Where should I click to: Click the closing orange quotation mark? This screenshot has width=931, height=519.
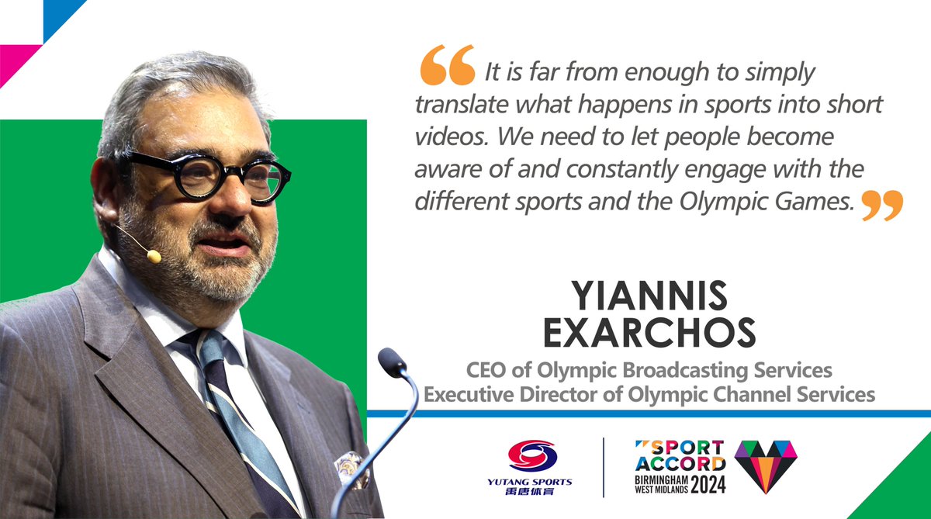pyautogui.click(x=883, y=204)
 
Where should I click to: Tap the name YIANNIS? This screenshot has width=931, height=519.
pyautogui.click(x=649, y=296)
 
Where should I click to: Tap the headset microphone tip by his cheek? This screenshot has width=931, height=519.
pyautogui.click(x=153, y=255)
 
